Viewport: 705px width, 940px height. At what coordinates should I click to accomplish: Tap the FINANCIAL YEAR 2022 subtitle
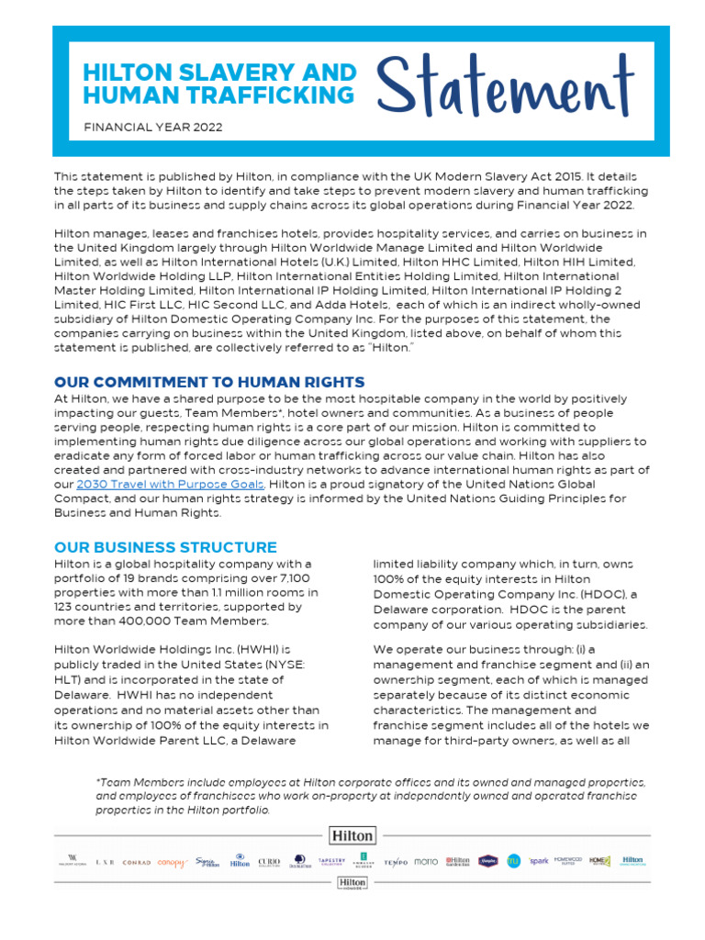(x=153, y=128)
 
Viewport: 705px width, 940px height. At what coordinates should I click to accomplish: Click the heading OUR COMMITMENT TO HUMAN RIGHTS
(x=209, y=382)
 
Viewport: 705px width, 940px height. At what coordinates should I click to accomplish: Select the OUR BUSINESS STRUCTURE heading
(x=165, y=547)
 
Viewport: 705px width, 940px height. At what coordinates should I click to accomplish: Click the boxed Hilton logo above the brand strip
(x=352, y=835)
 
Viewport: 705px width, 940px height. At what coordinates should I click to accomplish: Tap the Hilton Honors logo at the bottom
(x=352, y=884)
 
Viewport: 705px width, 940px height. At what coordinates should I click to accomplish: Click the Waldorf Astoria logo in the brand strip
(x=73, y=862)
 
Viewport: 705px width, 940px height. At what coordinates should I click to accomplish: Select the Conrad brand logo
(x=137, y=862)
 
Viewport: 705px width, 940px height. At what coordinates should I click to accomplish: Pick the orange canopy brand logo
(x=171, y=862)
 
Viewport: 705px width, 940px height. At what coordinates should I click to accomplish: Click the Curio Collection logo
(x=269, y=862)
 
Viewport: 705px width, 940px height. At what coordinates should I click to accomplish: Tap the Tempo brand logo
(x=396, y=862)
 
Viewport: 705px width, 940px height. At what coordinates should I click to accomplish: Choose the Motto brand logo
(x=426, y=862)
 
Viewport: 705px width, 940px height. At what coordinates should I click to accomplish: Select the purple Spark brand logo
(x=538, y=861)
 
